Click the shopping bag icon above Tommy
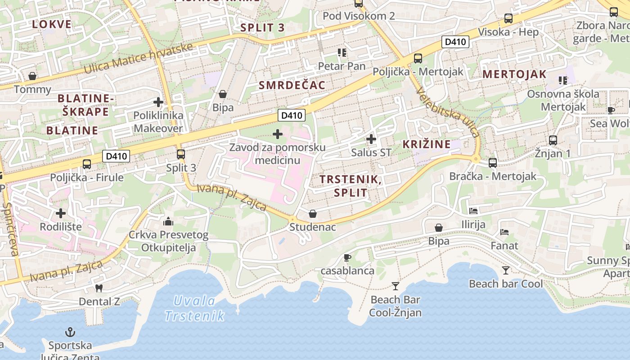click(32, 76)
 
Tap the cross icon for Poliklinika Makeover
click(158, 102)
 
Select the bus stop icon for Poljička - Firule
click(87, 164)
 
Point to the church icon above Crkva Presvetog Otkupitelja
click(169, 221)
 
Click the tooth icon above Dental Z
click(99, 288)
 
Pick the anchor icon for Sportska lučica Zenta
click(70, 333)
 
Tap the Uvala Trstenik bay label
click(194, 308)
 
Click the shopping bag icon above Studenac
click(313, 214)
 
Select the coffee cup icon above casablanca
click(347, 258)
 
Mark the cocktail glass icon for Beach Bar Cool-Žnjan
click(395, 286)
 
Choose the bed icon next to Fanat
click(504, 233)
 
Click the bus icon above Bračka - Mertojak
click(493, 163)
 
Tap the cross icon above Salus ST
click(371, 139)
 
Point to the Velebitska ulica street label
click(447, 112)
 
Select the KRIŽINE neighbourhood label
click(426, 144)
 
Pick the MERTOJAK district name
click(514, 74)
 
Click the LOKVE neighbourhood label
click(52, 24)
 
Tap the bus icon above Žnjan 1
click(553, 140)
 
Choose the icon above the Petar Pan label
click(342, 53)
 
